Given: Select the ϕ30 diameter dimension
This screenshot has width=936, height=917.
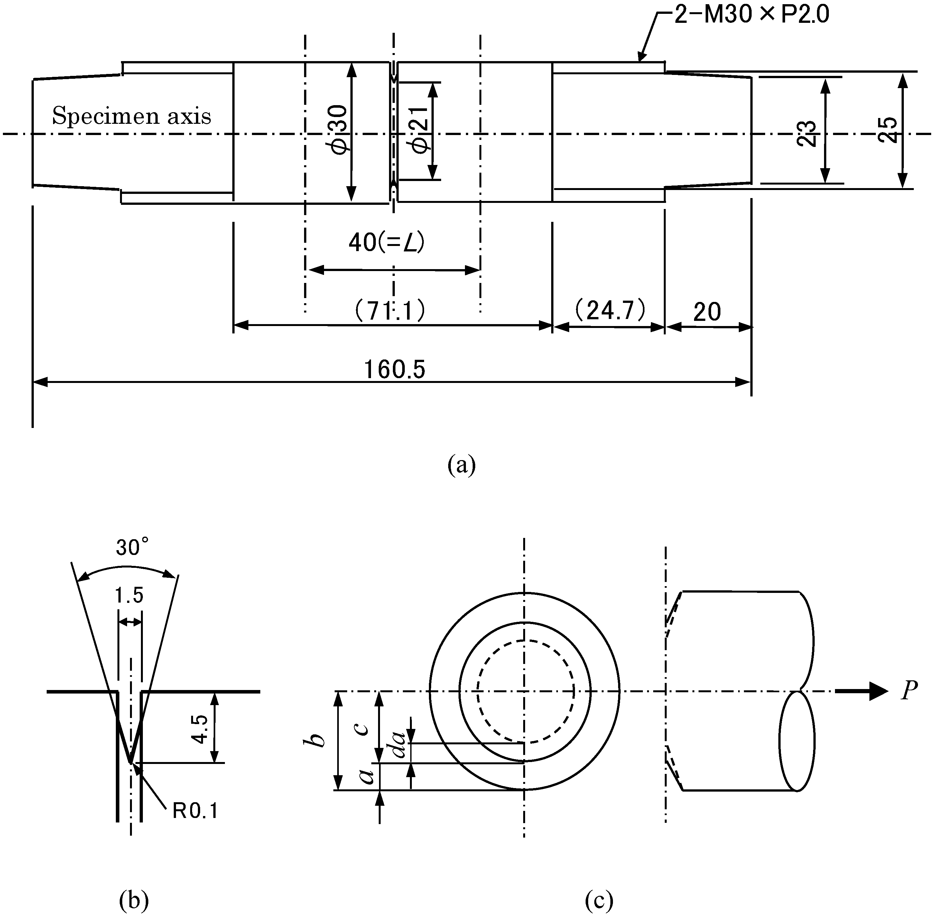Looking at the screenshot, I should (339, 129).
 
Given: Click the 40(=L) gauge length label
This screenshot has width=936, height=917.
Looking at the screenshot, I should (386, 243).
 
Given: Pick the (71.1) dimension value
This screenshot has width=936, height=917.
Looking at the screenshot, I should (390, 311).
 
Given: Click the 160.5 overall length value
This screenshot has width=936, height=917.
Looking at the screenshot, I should (394, 370).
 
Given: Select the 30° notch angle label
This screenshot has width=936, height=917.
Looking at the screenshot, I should (132, 548).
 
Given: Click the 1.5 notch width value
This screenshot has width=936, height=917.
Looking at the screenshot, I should (129, 596).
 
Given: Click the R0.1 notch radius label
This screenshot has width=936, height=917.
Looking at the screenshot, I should (195, 812).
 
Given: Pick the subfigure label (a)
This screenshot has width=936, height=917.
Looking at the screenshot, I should (461, 465).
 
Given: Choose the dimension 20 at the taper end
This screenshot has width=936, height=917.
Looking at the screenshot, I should (707, 312).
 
